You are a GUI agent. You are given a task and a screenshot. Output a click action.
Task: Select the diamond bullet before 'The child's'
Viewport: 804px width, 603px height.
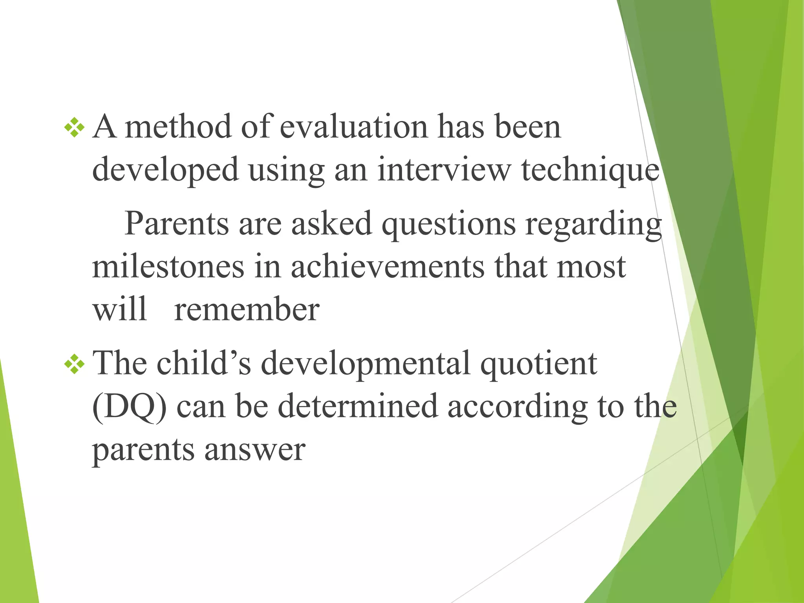pyautogui.click(x=75, y=365)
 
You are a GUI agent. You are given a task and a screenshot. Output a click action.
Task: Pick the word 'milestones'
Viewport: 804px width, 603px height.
pyautogui.click(x=168, y=267)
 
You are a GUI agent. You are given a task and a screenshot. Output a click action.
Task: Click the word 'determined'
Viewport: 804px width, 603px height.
pyautogui.click(x=358, y=406)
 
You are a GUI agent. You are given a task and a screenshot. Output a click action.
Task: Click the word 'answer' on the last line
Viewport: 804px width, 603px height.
pyautogui.click(x=255, y=450)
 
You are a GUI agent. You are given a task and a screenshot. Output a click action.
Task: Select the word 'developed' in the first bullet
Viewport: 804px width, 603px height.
pyautogui.click(x=165, y=171)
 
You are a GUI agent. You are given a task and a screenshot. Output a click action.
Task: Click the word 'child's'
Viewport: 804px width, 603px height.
pyautogui.click(x=204, y=364)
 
